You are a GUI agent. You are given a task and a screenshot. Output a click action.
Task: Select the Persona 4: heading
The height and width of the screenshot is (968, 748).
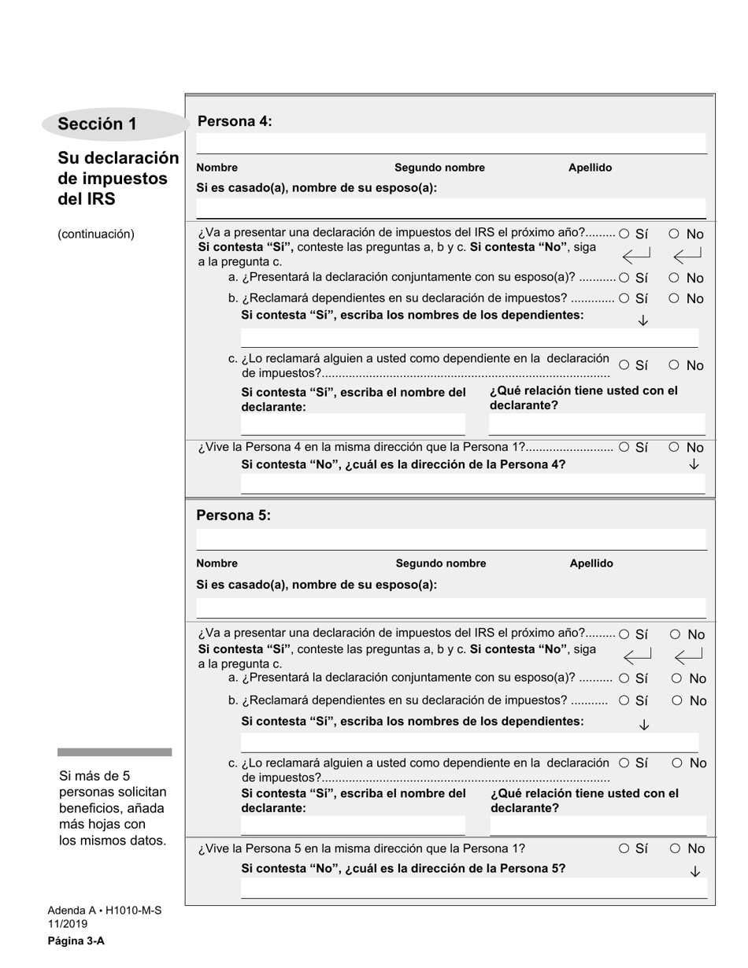click(235, 121)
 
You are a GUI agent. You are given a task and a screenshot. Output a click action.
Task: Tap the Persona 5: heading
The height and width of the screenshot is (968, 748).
click(234, 515)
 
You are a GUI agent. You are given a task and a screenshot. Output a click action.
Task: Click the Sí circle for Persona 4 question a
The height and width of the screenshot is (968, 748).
click(624, 278)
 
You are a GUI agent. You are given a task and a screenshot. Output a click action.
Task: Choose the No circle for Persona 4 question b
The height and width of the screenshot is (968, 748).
click(674, 299)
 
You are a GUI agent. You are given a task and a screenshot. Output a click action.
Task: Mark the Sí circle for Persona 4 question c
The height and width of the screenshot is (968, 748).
click(624, 365)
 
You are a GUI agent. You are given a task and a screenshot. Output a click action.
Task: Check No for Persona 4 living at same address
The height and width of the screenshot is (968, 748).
click(674, 447)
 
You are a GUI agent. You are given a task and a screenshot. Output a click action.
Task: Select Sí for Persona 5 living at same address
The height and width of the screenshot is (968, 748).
click(624, 848)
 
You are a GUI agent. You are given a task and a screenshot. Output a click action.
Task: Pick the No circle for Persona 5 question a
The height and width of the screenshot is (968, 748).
click(676, 678)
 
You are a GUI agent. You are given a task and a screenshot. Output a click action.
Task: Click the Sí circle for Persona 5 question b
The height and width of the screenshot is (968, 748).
click(624, 700)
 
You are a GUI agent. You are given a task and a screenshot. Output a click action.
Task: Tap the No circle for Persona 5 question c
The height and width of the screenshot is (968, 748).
click(677, 763)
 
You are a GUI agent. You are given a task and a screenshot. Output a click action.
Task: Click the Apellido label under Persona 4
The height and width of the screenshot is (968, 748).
click(590, 168)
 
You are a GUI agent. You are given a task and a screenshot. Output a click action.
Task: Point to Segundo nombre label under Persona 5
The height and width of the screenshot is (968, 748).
click(440, 563)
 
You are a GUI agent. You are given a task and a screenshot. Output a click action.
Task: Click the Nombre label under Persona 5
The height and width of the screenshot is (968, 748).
click(217, 563)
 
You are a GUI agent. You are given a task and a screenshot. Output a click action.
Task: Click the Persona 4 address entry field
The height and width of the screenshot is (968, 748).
click(472, 483)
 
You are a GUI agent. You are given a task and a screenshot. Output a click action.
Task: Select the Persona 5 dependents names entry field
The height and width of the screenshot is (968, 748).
click(469, 742)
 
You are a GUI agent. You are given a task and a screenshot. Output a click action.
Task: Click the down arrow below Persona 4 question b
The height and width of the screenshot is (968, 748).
click(642, 320)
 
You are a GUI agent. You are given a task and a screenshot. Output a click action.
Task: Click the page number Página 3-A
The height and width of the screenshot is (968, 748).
click(76, 940)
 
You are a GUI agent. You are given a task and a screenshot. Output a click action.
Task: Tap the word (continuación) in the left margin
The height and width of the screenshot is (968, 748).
click(96, 234)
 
